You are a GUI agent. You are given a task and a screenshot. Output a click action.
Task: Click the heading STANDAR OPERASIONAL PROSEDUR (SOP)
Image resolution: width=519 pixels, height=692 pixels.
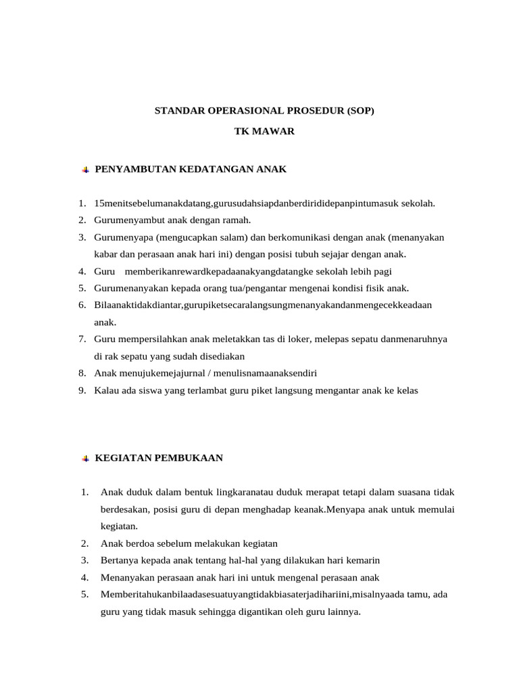264,109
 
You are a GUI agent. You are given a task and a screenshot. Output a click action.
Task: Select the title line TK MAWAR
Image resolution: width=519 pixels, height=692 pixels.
264,131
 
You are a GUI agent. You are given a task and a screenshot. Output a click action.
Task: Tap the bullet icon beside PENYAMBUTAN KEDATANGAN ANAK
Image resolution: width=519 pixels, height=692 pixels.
85,170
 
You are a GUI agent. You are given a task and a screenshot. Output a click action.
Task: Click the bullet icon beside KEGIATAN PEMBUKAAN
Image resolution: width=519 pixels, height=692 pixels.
85,458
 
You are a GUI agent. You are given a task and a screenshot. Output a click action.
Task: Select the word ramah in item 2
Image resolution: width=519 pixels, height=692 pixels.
237,220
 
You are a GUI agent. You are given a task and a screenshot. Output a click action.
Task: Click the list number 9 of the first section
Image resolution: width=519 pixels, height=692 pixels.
81,390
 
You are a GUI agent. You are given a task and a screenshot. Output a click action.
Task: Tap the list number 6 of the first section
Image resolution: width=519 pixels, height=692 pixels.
81,305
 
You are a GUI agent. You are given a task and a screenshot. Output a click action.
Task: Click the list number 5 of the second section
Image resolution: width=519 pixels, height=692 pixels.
84,595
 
